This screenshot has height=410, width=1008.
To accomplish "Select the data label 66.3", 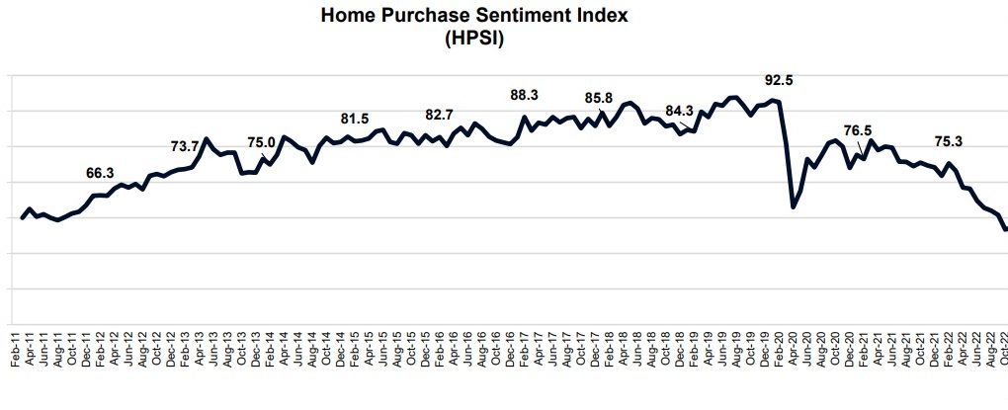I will tap(101, 173).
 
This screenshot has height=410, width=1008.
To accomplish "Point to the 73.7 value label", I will tap(185, 146).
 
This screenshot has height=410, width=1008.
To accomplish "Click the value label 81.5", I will tap(355, 119).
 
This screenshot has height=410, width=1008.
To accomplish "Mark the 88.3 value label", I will tap(524, 95).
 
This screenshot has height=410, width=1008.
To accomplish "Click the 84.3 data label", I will tap(680, 111).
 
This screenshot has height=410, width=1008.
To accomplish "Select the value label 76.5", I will tap(858, 130).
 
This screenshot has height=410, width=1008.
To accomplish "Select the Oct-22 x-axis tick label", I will tap(1002, 350).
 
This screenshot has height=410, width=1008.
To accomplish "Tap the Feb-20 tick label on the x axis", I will tap(780, 350).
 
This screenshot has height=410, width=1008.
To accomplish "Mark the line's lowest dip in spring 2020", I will tap(794, 207).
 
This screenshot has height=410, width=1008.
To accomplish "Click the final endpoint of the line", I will tap(1005, 230).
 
